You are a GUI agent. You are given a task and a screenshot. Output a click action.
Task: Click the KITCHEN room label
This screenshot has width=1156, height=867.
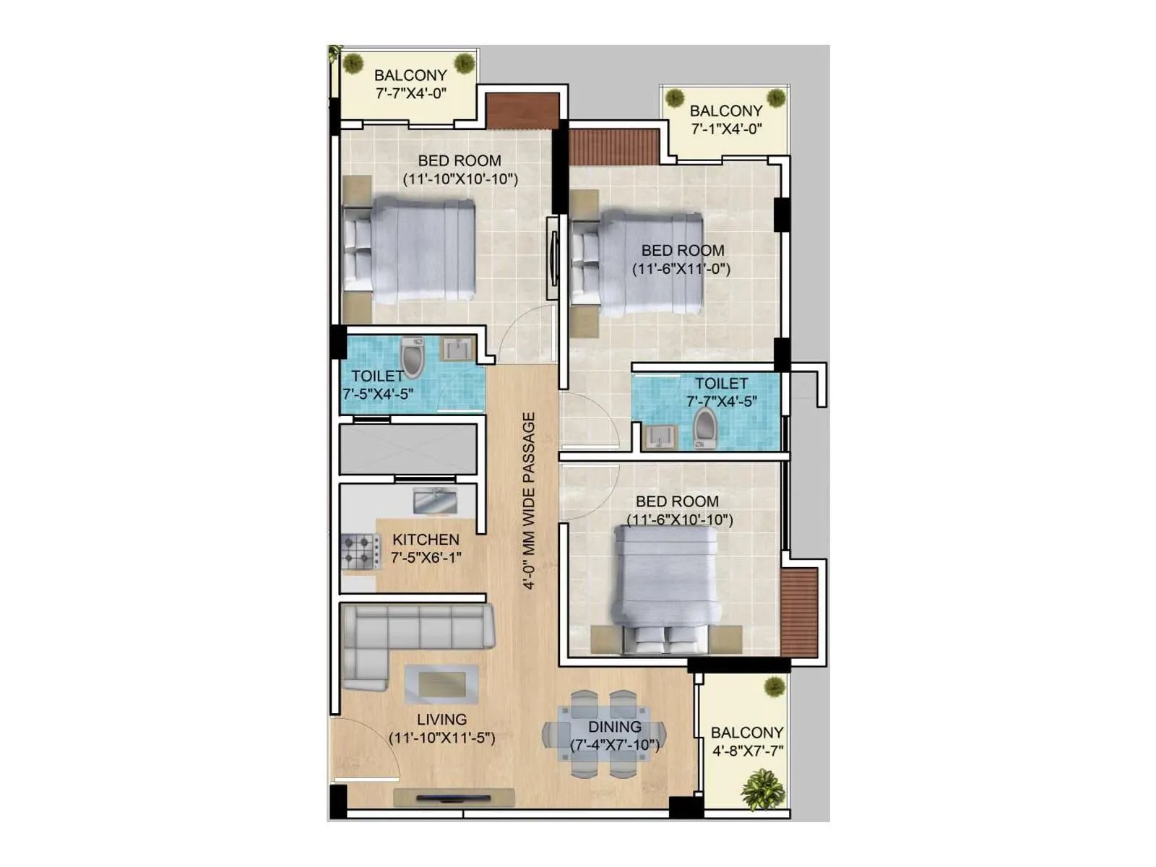click(x=426, y=540)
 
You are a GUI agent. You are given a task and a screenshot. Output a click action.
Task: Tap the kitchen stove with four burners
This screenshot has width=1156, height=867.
click(x=360, y=552)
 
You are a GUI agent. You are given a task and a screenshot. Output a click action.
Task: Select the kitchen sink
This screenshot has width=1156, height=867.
click(x=434, y=501)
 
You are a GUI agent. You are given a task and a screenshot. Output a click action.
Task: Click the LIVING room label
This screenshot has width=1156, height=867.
click(x=441, y=720)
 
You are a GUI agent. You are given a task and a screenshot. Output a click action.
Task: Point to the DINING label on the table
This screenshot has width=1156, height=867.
click(x=614, y=727)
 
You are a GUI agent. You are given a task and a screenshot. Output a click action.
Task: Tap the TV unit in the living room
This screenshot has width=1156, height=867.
click(x=454, y=798)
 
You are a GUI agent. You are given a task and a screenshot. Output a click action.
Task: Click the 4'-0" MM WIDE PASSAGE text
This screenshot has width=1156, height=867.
click(x=529, y=501)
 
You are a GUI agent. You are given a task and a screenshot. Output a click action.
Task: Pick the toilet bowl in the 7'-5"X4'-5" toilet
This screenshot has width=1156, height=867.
click(x=412, y=358)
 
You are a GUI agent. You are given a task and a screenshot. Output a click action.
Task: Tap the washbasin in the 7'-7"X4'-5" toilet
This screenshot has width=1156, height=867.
click(x=659, y=436)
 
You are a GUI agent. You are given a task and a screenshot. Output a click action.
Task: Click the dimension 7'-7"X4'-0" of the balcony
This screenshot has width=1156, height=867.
click(x=410, y=93)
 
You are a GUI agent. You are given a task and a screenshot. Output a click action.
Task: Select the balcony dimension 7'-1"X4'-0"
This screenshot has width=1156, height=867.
click(x=726, y=129)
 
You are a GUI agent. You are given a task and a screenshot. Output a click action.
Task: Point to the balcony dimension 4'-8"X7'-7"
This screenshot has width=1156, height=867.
click(x=748, y=751)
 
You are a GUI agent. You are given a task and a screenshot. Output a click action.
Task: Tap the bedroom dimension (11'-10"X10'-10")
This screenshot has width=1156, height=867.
click(x=460, y=179)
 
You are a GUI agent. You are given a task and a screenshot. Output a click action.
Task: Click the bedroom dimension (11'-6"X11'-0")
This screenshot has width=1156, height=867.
click(x=681, y=269)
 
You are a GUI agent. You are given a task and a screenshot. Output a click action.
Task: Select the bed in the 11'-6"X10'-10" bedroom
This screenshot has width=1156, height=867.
click(x=665, y=585)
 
